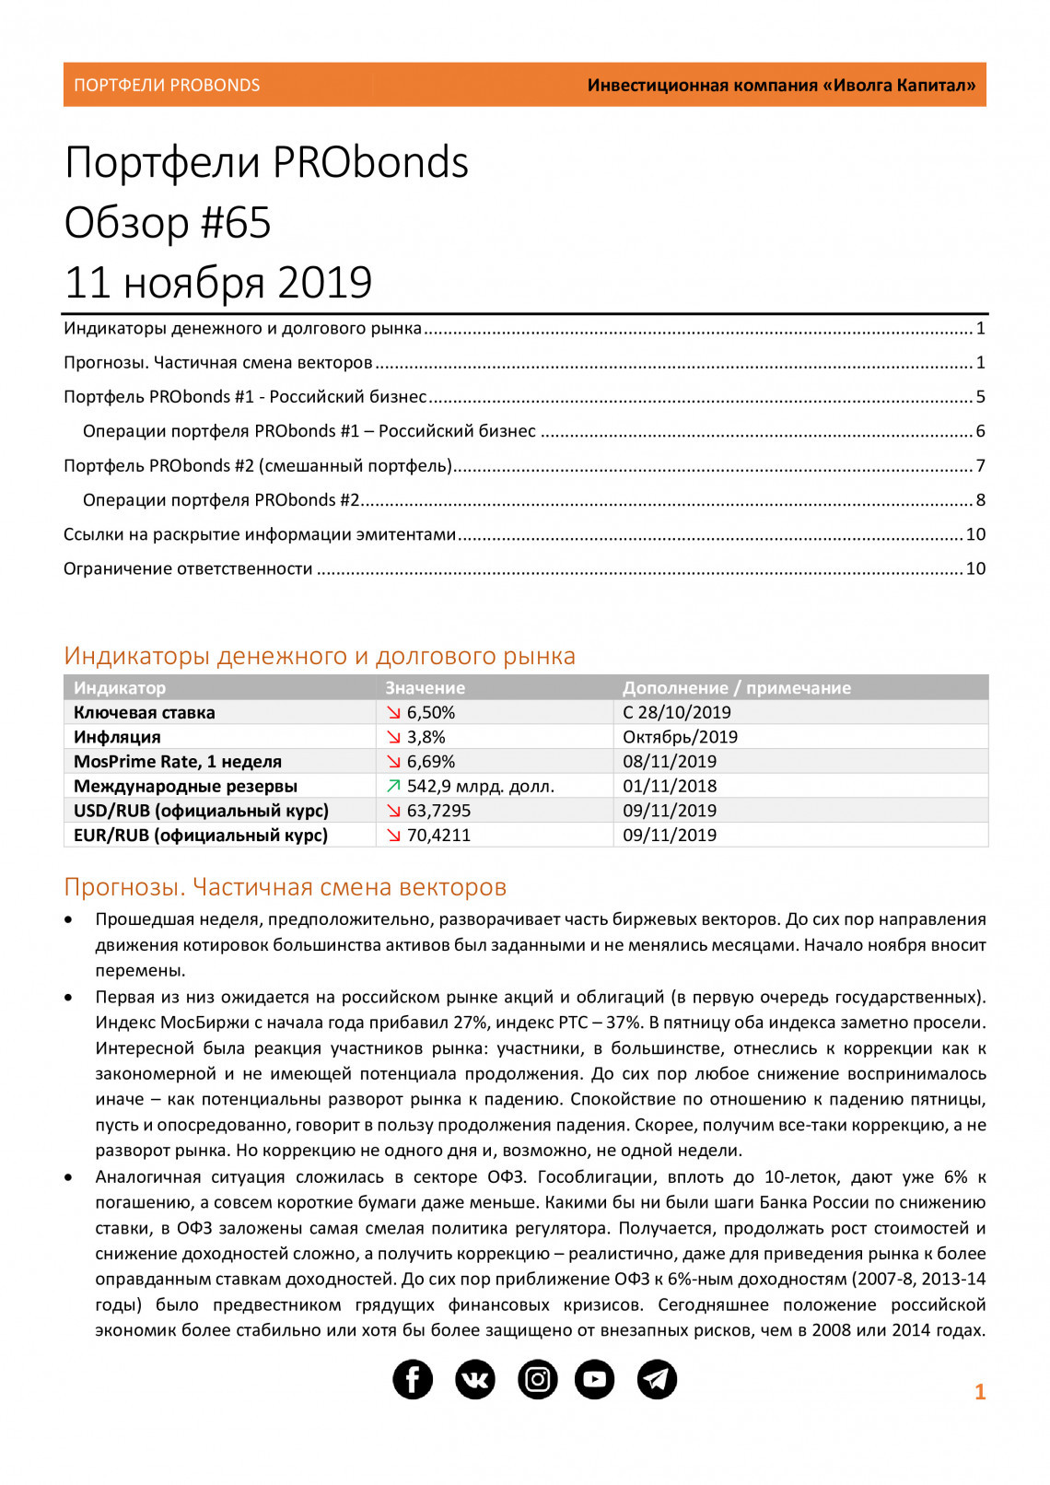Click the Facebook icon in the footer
(x=413, y=1379)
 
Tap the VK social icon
(x=475, y=1379)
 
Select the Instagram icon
(x=538, y=1379)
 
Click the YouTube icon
(x=595, y=1379)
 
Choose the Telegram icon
(x=657, y=1379)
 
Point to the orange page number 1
(x=980, y=1392)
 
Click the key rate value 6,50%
(x=431, y=712)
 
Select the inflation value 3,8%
(x=426, y=737)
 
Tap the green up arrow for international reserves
(x=394, y=786)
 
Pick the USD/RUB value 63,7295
(x=438, y=811)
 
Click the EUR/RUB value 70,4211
(x=438, y=835)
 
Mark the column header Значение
(x=425, y=687)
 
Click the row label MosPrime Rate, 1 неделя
(x=178, y=761)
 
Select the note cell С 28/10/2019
(x=677, y=712)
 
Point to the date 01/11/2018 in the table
(x=670, y=786)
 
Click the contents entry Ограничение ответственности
(x=188, y=568)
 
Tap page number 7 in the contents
(x=981, y=465)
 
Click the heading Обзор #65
(x=168, y=222)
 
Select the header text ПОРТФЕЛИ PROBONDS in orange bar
(x=167, y=85)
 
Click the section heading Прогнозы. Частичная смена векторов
(x=286, y=886)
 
